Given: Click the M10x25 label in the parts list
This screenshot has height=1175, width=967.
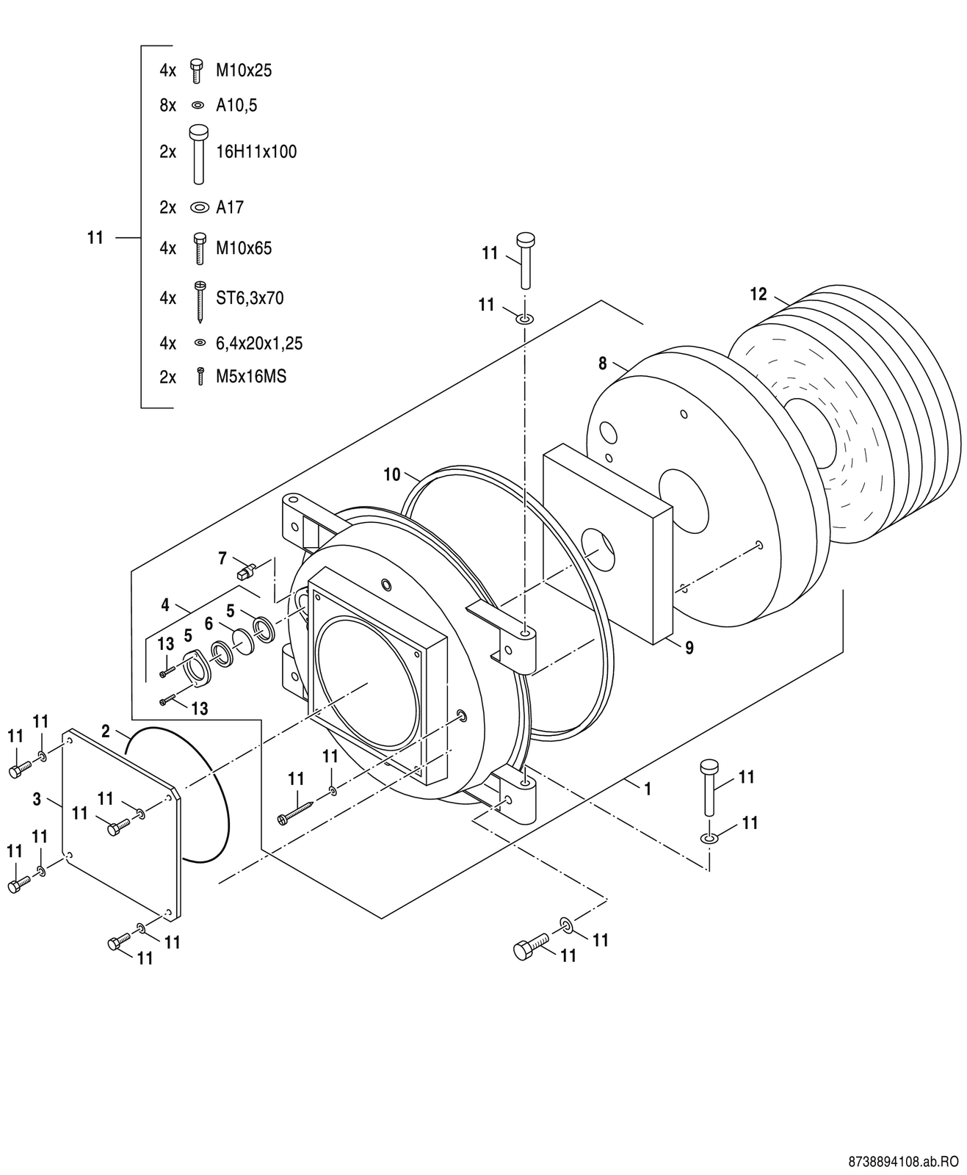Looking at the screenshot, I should pyautogui.click(x=243, y=70).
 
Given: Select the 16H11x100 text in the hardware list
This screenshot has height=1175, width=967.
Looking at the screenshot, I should pyautogui.click(x=256, y=152).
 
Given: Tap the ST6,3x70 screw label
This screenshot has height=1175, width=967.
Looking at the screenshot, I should pyautogui.click(x=249, y=298).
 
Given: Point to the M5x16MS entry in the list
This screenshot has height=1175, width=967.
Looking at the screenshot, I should pyautogui.click(x=250, y=377).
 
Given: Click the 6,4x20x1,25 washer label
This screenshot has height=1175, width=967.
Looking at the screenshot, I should pyautogui.click(x=258, y=343).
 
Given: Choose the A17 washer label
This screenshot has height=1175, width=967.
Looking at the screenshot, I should pyautogui.click(x=229, y=207).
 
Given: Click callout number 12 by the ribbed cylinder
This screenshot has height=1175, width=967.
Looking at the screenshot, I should pyautogui.click(x=758, y=294).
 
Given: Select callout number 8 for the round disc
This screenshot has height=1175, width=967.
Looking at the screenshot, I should pyautogui.click(x=603, y=363).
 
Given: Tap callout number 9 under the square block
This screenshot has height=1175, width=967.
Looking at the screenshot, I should pyautogui.click(x=689, y=648).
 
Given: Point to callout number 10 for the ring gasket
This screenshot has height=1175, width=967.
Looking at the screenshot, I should pyautogui.click(x=392, y=474).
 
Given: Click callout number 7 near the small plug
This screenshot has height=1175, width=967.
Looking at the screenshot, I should pyautogui.click(x=222, y=558).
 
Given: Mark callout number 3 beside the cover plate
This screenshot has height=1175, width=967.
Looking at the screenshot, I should pyautogui.click(x=37, y=799).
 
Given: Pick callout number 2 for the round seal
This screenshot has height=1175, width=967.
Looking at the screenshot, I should pyautogui.click(x=106, y=731).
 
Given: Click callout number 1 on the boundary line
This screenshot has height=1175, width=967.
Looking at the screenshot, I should pyautogui.click(x=647, y=789).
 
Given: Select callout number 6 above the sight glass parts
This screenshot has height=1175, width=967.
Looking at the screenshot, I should pyautogui.click(x=209, y=623).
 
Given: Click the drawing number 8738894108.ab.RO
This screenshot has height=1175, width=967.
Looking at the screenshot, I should pyautogui.click(x=903, y=1163).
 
